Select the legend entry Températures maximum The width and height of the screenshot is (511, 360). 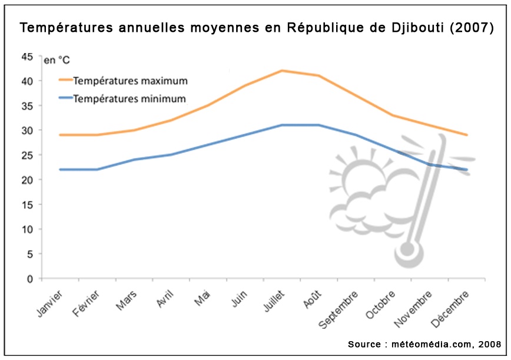(x=130, y=80)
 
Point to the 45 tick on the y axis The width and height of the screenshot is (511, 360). (x=27, y=57)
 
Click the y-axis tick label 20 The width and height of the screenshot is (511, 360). (x=27, y=180)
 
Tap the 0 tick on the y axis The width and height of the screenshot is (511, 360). (x=29, y=279)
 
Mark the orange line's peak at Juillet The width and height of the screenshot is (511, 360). (x=282, y=71)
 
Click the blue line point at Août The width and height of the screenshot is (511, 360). (x=318, y=125)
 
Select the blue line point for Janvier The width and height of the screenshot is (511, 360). (x=61, y=170)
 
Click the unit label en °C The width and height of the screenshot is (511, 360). (x=58, y=60)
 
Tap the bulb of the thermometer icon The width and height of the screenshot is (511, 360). (x=408, y=251)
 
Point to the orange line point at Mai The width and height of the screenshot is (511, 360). (x=208, y=105)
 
